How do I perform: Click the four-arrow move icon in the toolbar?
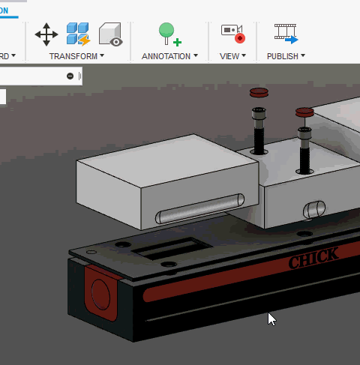click(x=46, y=34)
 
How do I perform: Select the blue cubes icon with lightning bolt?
click(x=78, y=34)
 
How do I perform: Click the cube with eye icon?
click(x=110, y=34)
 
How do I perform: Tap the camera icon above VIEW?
click(x=232, y=33)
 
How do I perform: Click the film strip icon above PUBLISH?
click(x=285, y=33)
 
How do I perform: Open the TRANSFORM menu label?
click(x=76, y=56)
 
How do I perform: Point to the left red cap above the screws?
click(x=259, y=93)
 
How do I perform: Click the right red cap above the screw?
click(x=304, y=113)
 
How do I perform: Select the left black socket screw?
click(x=259, y=130)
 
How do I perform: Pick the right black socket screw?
click(x=305, y=148)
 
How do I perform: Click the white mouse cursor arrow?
click(x=271, y=319)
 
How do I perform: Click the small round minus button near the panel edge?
click(x=70, y=76)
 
